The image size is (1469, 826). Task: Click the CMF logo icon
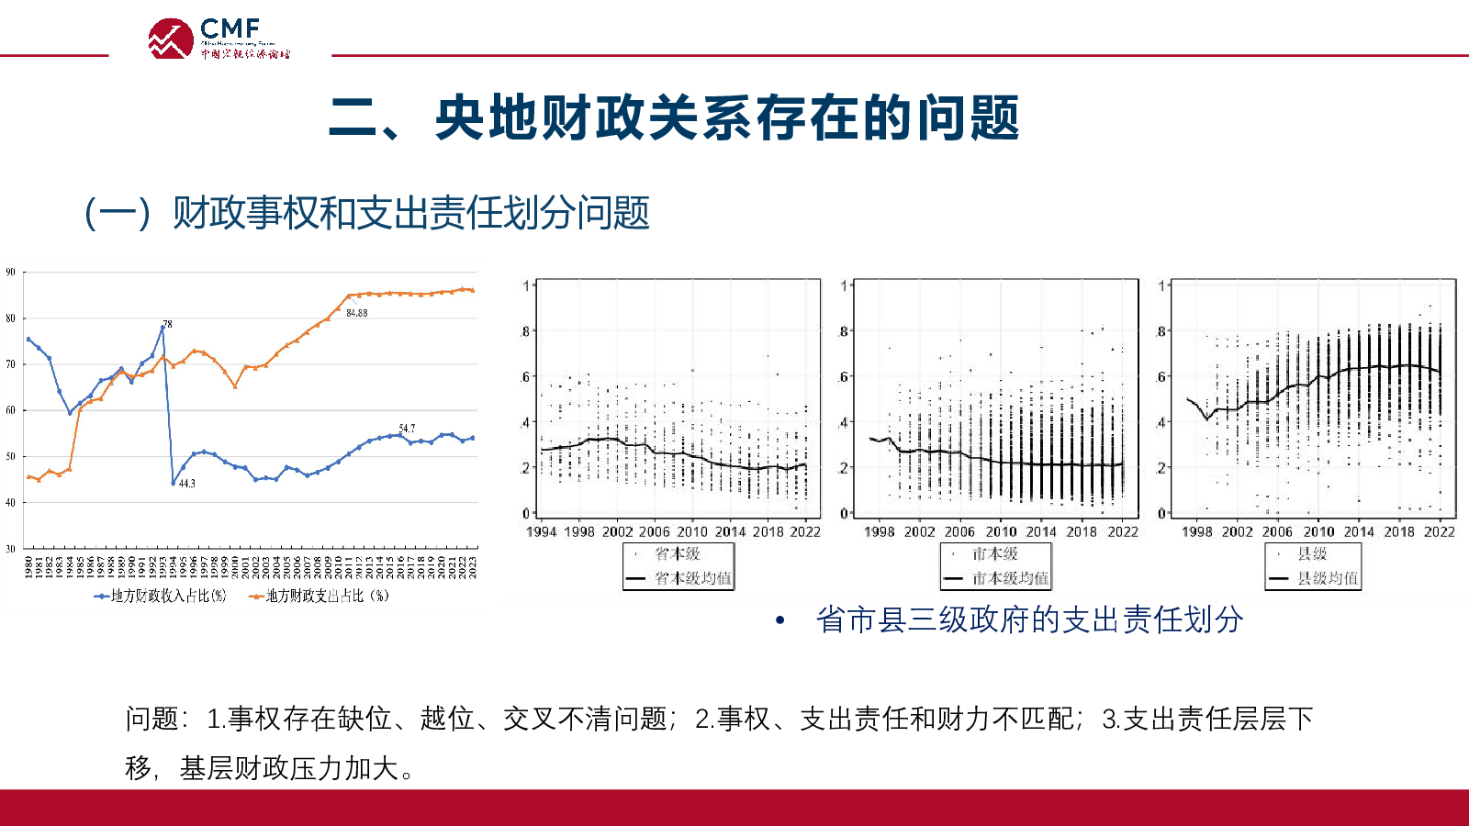pyautogui.click(x=171, y=39)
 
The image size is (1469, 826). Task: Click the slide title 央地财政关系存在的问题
pyautogui.click(x=674, y=118)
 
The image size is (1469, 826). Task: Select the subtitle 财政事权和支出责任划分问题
pyautogui.click(x=410, y=213)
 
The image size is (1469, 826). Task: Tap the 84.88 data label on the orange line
pyautogui.click(x=356, y=313)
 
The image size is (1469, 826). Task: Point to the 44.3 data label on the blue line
pyautogui.click(x=186, y=483)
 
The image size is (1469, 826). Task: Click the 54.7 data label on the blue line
pyautogui.click(x=407, y=429)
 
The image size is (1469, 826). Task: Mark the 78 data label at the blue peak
pyautogui.click(x=167, y=324)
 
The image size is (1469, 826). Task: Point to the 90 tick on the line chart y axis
pyautogui.click(x=11, y=272)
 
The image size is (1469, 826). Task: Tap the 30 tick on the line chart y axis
pyautogui.click(x=11, y=548)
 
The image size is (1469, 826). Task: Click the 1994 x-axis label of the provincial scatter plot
pyautogui.click(x=541, y=531)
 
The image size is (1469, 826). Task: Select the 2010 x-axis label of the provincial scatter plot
pyautogui.click(x=692, y=531)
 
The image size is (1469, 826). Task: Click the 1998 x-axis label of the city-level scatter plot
pyautogui.click(x=879, y=531)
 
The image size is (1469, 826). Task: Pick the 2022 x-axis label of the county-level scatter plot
pyautogui.click(x=1439, y=531)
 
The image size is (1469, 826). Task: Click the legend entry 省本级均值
pyautogui.click(x=692, y=578)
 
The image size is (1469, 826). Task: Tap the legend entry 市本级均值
pyautogui.click(x=1009, y=578)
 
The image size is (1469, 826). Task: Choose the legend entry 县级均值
pyautogui.click(x=1327, y=578)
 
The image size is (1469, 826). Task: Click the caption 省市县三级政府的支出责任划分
pyautogui.click(x=1029, y=619)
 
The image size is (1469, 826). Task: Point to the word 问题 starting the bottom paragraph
pyautogui.click(x=151, y=719)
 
